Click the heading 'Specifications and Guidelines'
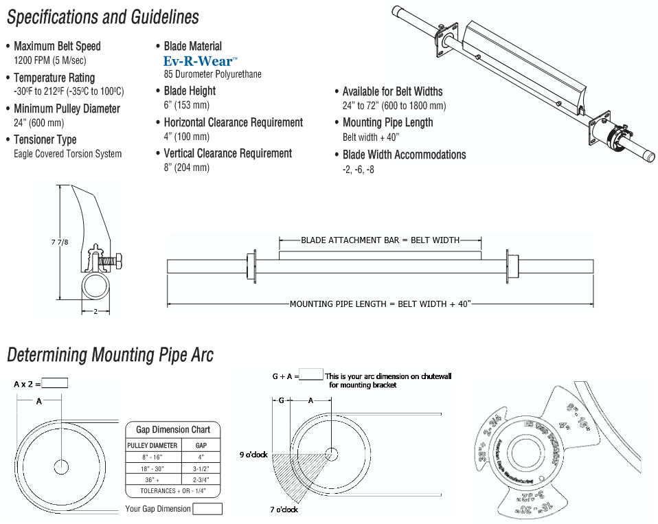click(103, 17)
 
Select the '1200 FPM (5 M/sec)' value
click(50, 60)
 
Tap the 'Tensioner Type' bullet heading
click(45, 139)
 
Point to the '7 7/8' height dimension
click(60, 242)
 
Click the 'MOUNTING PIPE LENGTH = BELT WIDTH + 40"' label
click(380, 304)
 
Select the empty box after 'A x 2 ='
click(55, 384)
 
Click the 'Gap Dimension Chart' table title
click(173, 430)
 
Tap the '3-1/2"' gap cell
click(201, 468)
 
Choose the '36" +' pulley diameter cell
click(152, 479)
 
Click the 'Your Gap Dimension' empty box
click(207, 509)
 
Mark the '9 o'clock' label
click(253, 455)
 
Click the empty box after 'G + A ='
click(311, 375)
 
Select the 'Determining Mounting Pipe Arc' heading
click(110, 355)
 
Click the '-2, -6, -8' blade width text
click(359, 170)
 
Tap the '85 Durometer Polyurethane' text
click(212, 74)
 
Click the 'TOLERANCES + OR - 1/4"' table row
click(173, 491)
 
